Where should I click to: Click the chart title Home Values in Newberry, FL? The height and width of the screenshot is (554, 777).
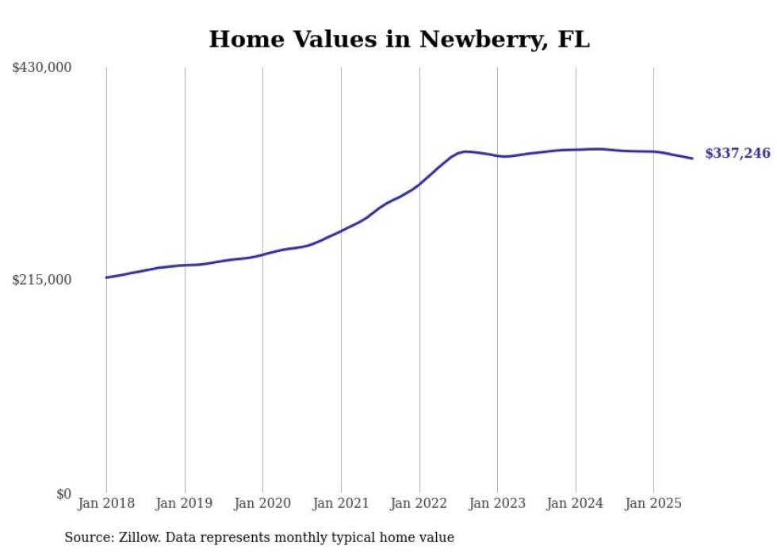click(x=399, y=39)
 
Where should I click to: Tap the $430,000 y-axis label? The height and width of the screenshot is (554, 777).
click(x=41, y=68)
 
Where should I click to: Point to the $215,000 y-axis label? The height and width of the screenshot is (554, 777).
click(x=41, y=281)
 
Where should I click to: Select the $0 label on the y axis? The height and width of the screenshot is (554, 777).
click(x=63, y=494)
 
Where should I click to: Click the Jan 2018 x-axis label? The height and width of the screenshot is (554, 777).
click(x=106, y=503)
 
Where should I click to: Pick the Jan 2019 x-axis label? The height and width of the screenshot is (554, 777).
click(x=184, y=503)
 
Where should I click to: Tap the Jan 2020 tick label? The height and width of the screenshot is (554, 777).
click(x=262, y=503)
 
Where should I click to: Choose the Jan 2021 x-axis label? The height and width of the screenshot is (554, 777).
click(x=341, y=503)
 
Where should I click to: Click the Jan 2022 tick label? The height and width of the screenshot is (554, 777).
click(x=419, y=503)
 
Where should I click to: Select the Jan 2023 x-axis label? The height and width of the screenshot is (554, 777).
click(x=497, y=503)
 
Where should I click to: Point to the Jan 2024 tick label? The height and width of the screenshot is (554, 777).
click(x=575, y=503)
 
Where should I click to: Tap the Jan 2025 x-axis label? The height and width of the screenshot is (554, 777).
click(x=653, y=503)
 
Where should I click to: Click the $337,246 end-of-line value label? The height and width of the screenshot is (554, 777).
click(x=737, y=154)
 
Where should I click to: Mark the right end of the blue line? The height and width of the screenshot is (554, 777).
click(x=692, y=159)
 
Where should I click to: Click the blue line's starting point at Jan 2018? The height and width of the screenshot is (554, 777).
click(x=106, y=277)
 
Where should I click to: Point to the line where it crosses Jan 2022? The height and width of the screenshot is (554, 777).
click(x=419, y=183)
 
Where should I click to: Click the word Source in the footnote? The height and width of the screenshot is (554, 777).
click(x=87, y=537)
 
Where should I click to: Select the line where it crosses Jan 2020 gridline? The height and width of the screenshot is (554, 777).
click(x=262, y=254)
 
